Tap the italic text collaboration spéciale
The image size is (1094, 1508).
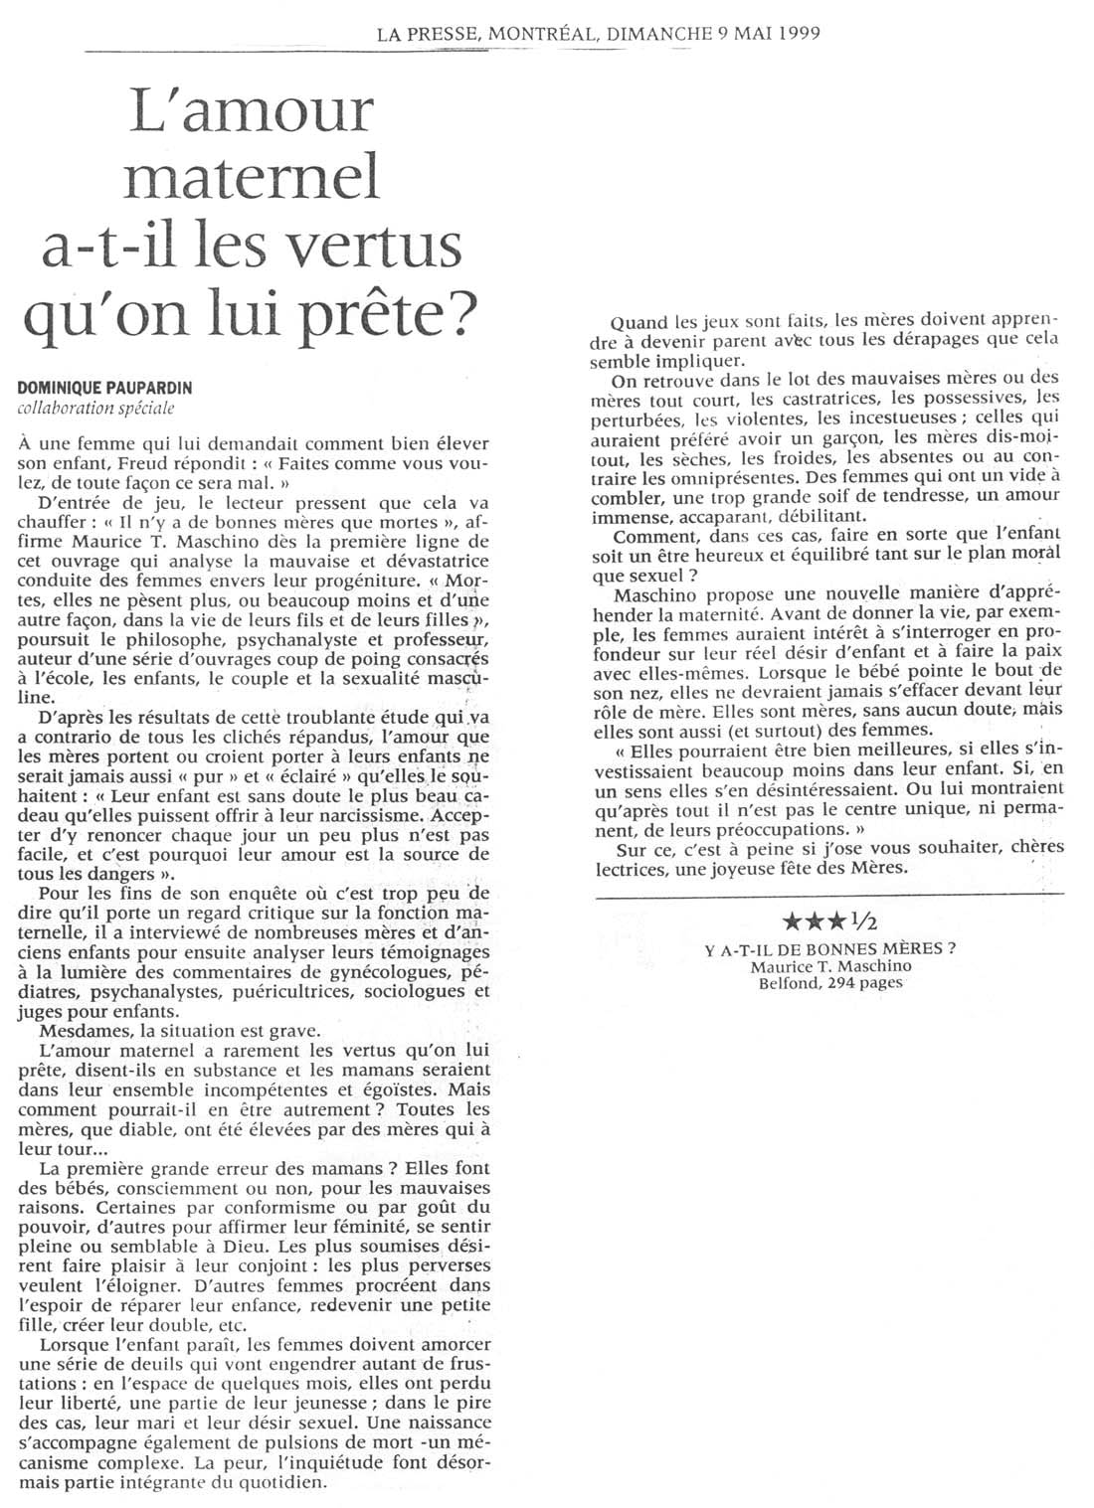[95, 408]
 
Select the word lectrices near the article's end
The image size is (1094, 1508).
[649, 866]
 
